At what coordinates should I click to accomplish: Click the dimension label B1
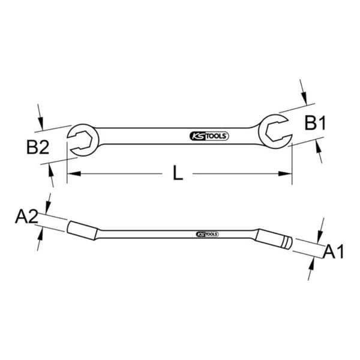(x=315, y=123)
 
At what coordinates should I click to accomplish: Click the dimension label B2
(x=38, y=147)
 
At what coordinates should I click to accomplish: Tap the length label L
(x=178, y=173)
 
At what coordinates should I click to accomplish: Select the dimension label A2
(x=26, y=217)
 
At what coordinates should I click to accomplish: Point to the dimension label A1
(x=334, y=252)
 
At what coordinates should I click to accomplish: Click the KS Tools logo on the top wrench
(x=209, y=136)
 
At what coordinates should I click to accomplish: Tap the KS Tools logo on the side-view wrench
(x=208, y=234)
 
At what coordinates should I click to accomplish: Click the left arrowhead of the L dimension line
(x=74, y=173)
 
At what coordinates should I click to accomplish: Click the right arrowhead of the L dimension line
(x=285, y=173)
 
